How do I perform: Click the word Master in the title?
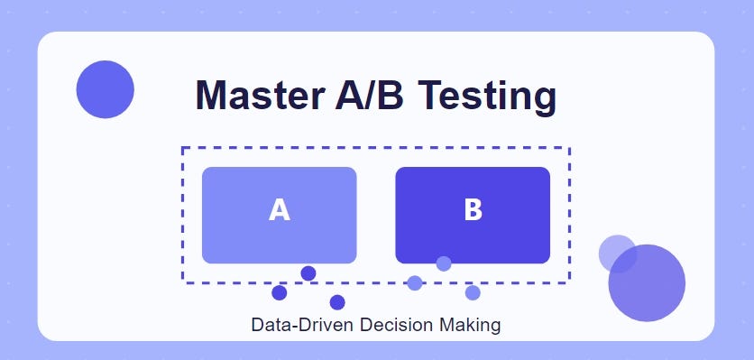pos(255,96)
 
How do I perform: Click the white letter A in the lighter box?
pos(280,210)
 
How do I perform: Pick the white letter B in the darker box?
pos(473,210)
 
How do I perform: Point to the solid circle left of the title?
pos(106,89)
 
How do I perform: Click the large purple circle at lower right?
pos(647,282)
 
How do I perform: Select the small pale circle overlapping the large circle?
pos(618,254)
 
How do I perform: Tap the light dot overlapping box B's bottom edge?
pos(444,263)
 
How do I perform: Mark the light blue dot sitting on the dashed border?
pos(415,283)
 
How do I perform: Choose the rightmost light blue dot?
pos(473,292)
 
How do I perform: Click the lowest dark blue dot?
pos(337,302)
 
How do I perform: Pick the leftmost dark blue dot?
pos(280,292)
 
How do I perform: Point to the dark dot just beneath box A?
pos(308,273)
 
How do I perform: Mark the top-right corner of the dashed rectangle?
pos(569,148)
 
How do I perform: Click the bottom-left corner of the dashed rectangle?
pos(183,282)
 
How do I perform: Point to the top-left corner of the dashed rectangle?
pos(183,148)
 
